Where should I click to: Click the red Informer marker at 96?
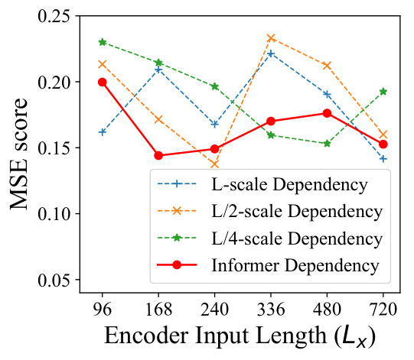tap(103, 83)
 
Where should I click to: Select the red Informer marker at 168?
tap(158, 155)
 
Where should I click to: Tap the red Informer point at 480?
tap(327, 113)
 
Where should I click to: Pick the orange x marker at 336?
tap(271, 38)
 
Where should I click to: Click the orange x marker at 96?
tap(103, 64)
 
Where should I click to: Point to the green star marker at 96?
tap(103, 42)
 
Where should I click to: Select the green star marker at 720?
tap(383, 92)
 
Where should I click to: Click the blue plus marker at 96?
tap(103, 132)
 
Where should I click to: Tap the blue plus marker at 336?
tap(271, 54)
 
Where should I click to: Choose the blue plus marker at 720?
tap(383, 159)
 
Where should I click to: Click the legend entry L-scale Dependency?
tap(289, 184)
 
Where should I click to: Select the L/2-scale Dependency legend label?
tap(297, 212)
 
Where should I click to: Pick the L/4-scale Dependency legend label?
tap(297, 238)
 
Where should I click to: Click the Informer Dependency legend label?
tap(295, 265)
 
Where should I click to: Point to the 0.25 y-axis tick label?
tap(54, 16)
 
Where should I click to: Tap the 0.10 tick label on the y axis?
tap(54, 213)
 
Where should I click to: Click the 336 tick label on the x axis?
tap(271, 309)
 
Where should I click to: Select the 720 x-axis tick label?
tap(383, 309)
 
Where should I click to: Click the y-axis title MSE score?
tap(18, 154)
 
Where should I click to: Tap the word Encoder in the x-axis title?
tap(146, 336)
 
